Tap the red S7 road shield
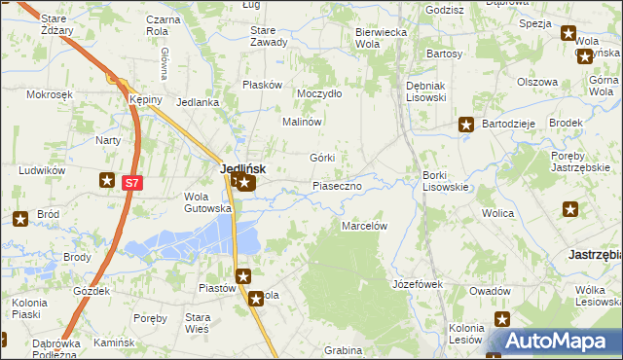click(x=132, y=182)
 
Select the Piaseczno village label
click(x=337, y=185)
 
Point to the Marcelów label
click(x=364, y=226)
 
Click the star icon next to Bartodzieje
click(x=466, y=125)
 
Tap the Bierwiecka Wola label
click(x=380, y=37)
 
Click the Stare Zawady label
click(x=269, y=37)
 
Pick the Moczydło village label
click(x=319, y=93)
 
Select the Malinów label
click(x=302, y=123)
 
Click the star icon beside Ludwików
click(x=107, y=179)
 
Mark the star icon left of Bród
click(x=18, y=219)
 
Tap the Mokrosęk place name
click(x=51, y=94)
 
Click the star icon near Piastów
click(x=243, y=276)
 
